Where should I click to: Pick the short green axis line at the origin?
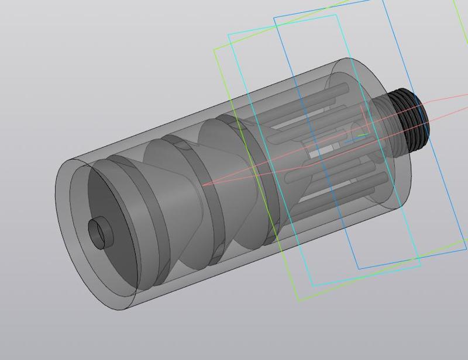point(363,136)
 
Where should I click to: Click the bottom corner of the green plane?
point(300,301)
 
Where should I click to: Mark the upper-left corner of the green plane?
point(214,49)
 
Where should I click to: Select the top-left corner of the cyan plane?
point(228,34)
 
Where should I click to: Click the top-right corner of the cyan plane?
point(336,15)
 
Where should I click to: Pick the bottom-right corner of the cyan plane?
point(420,266)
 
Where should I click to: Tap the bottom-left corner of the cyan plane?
point(312,285)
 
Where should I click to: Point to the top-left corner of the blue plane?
point(274,18)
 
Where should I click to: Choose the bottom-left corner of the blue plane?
point(358,269)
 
